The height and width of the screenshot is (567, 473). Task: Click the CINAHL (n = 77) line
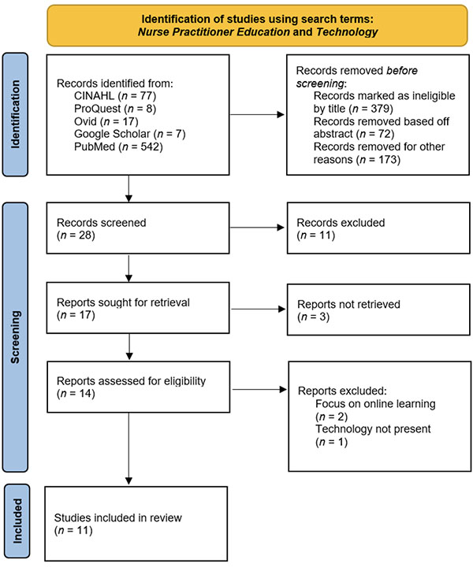[115, 96]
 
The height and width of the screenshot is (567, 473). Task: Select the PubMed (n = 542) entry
[118, 146]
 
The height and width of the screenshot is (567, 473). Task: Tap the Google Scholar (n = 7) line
[129, 134]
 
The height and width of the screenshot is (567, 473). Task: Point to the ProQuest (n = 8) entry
[115, 109]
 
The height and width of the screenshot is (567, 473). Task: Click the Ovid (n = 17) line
[106, 121]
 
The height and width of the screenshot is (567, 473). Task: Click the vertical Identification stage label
[15, 115]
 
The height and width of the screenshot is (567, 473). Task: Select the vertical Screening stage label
[15, 337]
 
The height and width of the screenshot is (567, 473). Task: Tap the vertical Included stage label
[17, 521]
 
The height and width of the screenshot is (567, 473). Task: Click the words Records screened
[102, 222]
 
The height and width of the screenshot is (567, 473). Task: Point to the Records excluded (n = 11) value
[316, 235]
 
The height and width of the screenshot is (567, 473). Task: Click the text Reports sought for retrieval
[123, 302]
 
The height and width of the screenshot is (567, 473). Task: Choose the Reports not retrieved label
[348, 304]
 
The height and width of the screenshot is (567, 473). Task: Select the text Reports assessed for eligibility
[131, 381]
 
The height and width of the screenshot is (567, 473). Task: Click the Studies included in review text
[117, 518]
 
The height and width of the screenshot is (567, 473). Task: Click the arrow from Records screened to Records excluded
[257, 228]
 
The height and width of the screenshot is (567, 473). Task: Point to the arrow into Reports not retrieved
[259, 309]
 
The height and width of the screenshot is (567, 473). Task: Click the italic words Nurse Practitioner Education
[214, 32]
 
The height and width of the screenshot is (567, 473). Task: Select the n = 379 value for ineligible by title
[371, 109]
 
